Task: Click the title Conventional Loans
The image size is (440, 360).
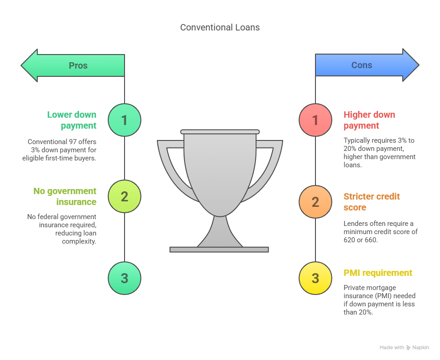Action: click(x=220, y=27)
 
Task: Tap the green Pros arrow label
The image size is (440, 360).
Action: click(x=78, y=65)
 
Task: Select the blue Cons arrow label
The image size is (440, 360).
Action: click(x=362, y=65)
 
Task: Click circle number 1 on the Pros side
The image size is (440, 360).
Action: click(x=125, y=120)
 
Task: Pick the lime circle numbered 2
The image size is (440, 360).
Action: click(x=125, y=197)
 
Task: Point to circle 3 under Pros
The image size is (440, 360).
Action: click(x=125, y=278)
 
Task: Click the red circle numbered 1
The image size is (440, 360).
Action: click(x=315, y=120)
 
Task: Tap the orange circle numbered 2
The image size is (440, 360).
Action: click(x=315, y=201)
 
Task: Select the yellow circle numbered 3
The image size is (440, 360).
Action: click(x=315, y=278)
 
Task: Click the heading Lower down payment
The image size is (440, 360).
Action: click(x=72, y=120)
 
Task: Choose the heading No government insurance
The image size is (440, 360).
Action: click(x=65, y=196)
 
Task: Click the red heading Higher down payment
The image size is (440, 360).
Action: click(x=369, y=120)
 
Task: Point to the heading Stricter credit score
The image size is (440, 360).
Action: click(x=371, y=202)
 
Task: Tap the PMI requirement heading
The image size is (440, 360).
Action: click(x=378, y=273)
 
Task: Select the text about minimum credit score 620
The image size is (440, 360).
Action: click(x=380, y=232)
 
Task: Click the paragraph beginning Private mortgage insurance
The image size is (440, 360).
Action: click(x=379, y=300)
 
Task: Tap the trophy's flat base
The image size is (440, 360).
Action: click(x=219, y=250)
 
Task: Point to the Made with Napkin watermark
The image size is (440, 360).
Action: click(x=404, y=347)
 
